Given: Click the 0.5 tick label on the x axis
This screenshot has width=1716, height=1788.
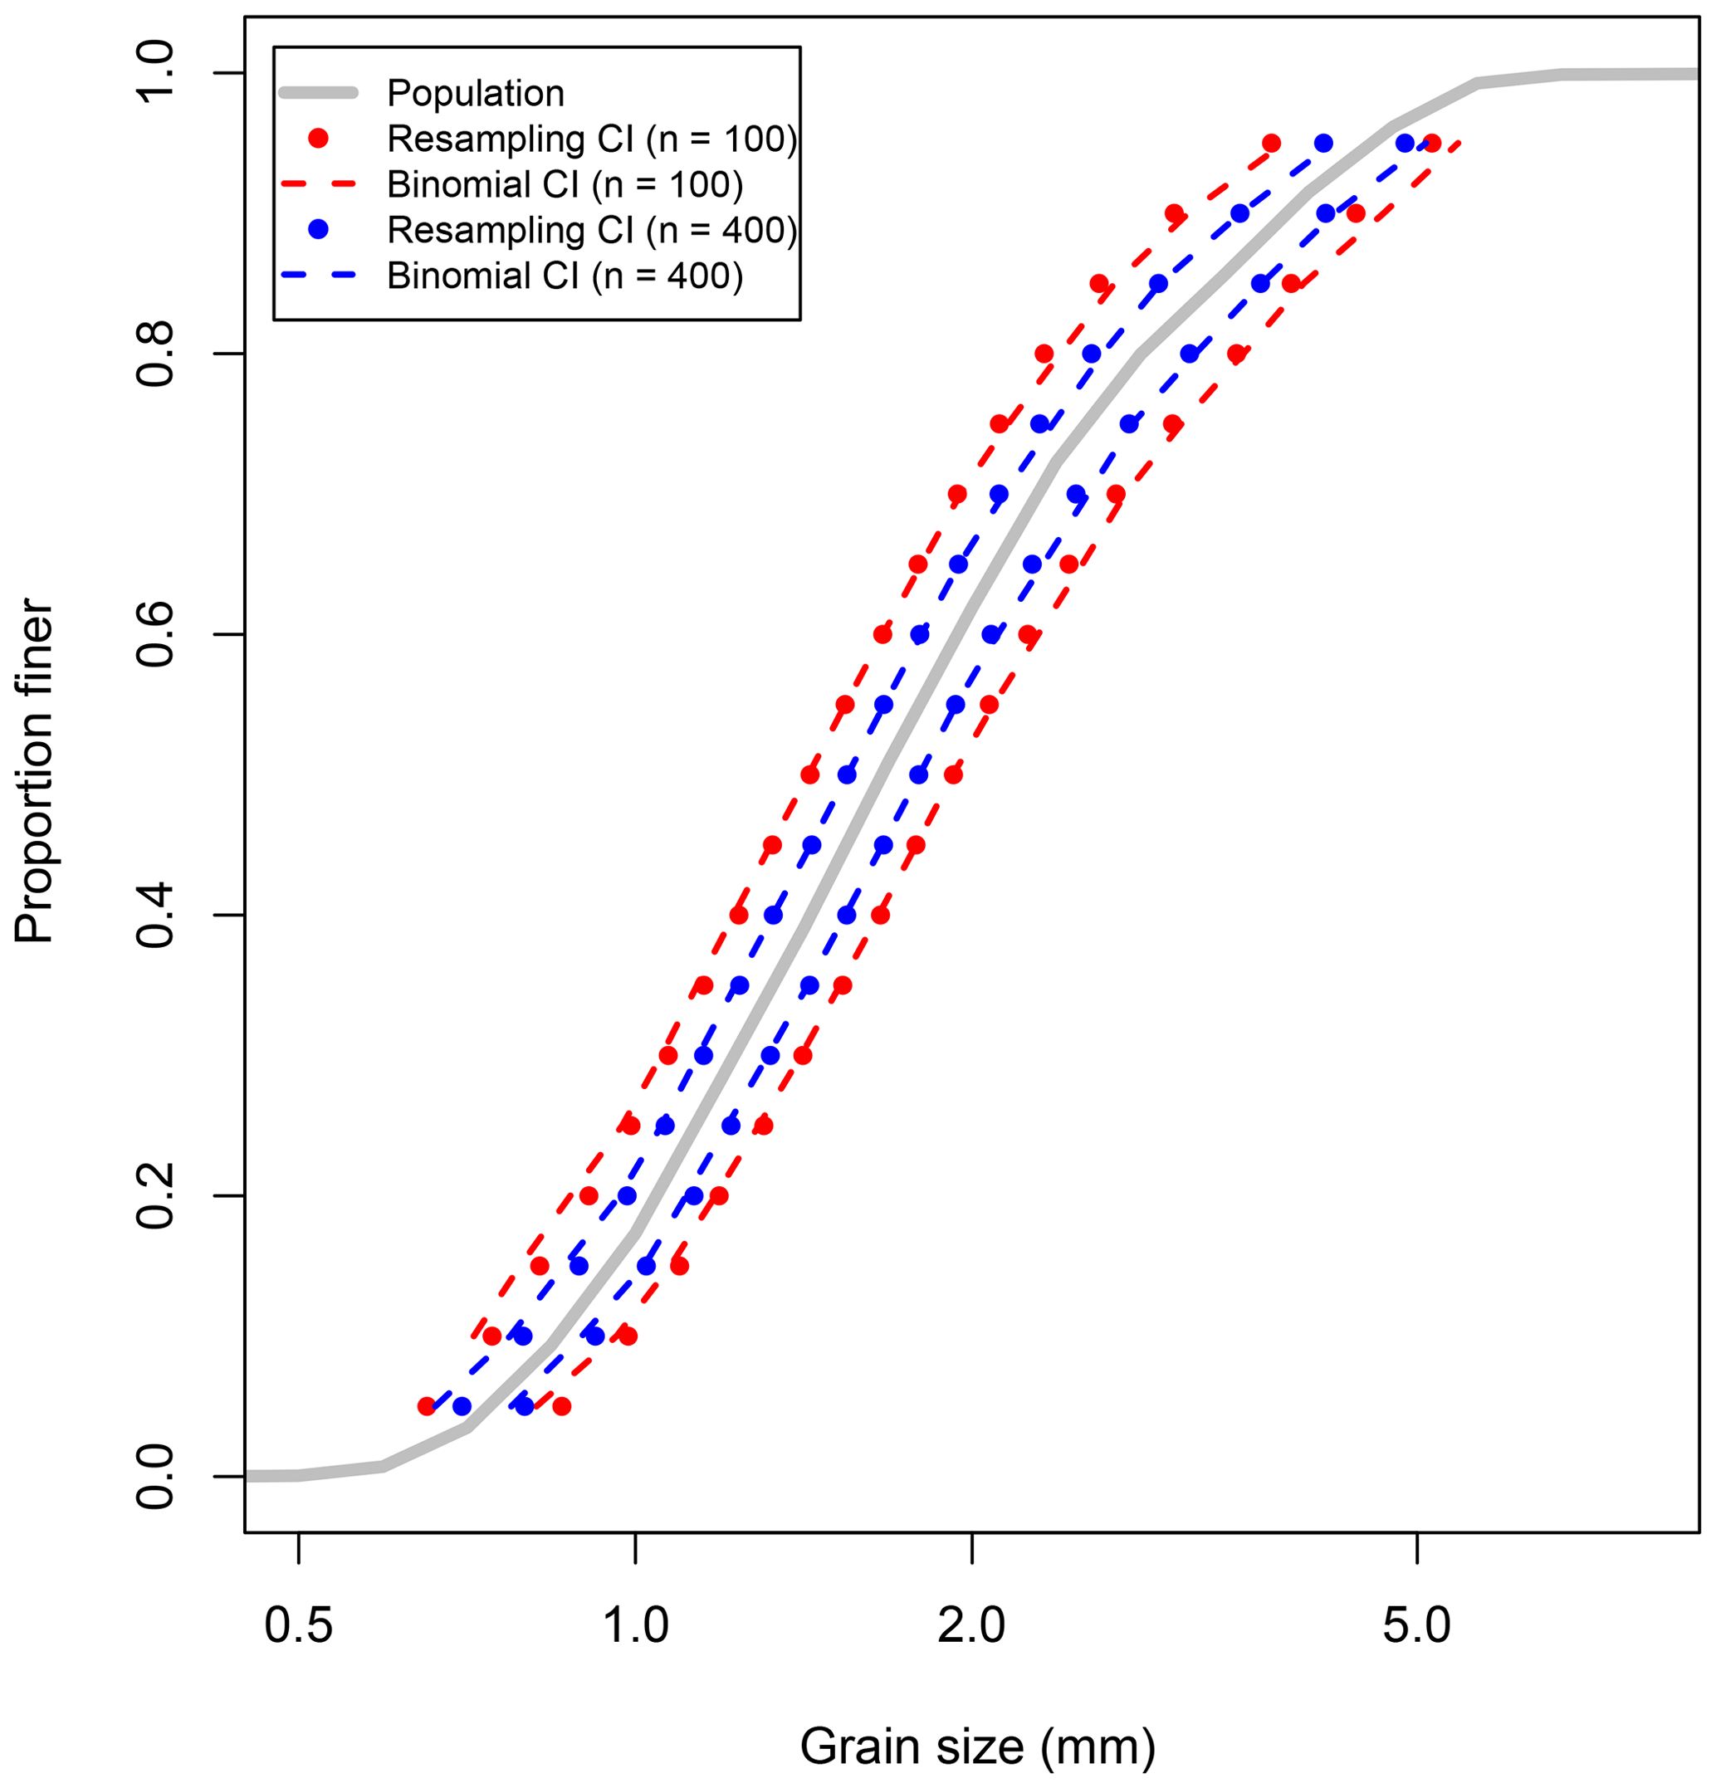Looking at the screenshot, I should [297, 1626].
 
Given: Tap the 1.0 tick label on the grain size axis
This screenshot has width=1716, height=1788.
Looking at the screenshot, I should [635, 1626].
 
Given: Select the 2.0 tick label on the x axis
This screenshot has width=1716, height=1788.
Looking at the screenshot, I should [972, 1626].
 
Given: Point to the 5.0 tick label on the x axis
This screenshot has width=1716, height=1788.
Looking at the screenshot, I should [1417, 1626].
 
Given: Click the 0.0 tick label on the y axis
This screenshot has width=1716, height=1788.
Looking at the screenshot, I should [155, 1477].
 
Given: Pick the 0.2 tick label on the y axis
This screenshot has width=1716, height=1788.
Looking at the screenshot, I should [155, 1196].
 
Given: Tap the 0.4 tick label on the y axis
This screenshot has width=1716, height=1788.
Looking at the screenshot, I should [155, 915].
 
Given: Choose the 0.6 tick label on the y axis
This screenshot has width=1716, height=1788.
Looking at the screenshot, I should [155, 634].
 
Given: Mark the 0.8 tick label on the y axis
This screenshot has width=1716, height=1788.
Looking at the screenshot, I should [155, 354].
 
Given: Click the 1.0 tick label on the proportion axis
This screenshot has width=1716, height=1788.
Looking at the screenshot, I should [155, 73].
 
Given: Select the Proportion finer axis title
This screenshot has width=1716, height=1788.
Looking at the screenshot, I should [35, 771].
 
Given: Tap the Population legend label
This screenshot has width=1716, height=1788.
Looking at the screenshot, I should [476, 93].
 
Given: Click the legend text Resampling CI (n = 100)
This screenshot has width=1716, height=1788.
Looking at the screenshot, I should [591, 139].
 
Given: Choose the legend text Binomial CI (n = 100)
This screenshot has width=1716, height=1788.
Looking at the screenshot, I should [565, 184].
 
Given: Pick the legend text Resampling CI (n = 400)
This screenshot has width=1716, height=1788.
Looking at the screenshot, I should [591, 230].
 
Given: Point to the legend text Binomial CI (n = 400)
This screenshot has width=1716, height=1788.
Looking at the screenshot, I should [565, 276].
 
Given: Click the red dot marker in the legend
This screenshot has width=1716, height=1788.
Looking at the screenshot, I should [319, 139].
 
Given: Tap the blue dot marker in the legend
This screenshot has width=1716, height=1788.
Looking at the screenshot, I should [319, 230].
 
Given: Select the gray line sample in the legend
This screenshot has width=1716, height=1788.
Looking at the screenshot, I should [319, 92].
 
